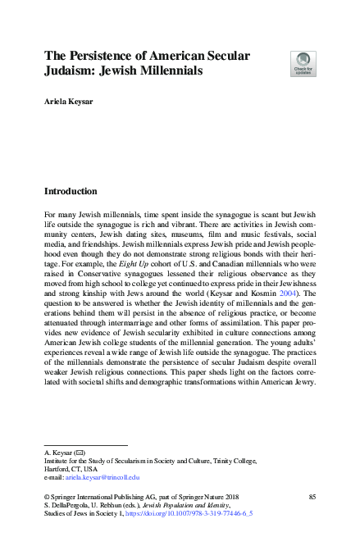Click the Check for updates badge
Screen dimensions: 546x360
pyautogui.click(x=303, y=64)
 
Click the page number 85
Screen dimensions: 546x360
pyautogui.click(x=312, y=498)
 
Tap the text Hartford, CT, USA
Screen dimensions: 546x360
pyautogui.click(x=73, y=468)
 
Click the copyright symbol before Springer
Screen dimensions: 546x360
pyautogui.click(x=46, y=498)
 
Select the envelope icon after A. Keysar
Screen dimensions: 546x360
pyautogui.click(x=80, y=453)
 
